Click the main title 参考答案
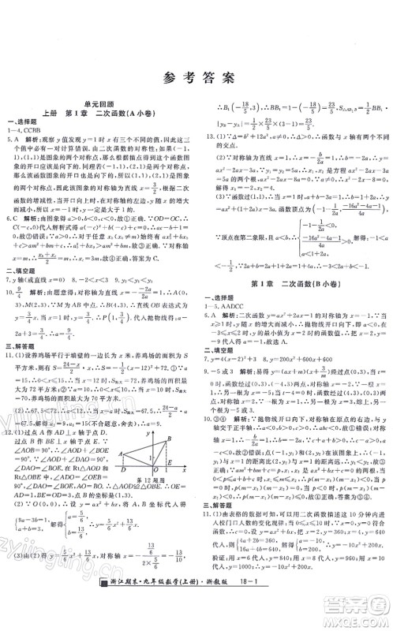197,77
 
